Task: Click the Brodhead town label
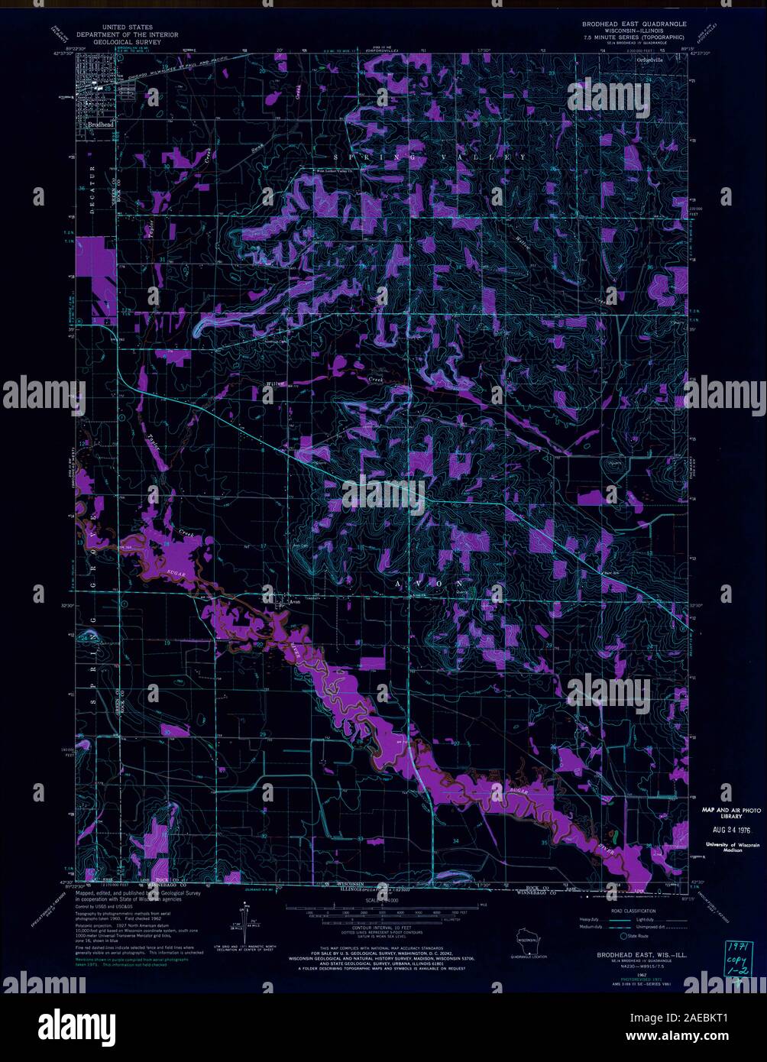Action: pyautogui.click(x=100, y=123)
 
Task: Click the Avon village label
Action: pyautogui.click(x=293, y=601)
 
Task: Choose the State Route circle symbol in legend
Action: pyautogui.click(x=623, y=935)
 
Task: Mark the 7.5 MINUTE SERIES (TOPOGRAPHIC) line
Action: pyautogui.click(x=633, y=37)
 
